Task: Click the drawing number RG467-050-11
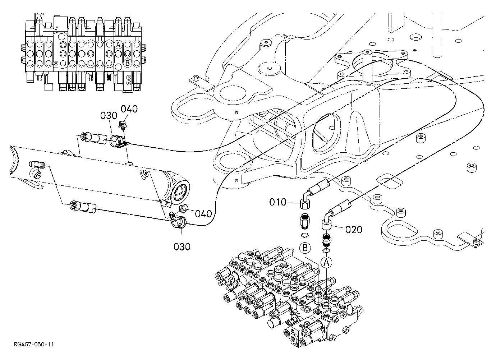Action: tap(34, 344)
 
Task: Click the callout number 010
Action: tap(278, 202)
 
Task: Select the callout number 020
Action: tap(354, 230)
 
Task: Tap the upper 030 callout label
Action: tap(109, 115)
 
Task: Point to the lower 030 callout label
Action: tap(182, 246)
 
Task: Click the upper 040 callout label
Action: tap(129, 109)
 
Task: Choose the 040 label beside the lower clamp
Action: tap(203, 214)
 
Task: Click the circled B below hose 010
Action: tap(305, 248)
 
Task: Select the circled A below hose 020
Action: tap(326, 263)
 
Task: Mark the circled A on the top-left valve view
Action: tap(118, 45)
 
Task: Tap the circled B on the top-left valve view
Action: tap(127, 63)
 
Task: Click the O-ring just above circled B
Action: tap(305, 235)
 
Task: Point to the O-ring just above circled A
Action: tap(326, 250)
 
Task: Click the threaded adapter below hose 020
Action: tap(326, 240)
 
